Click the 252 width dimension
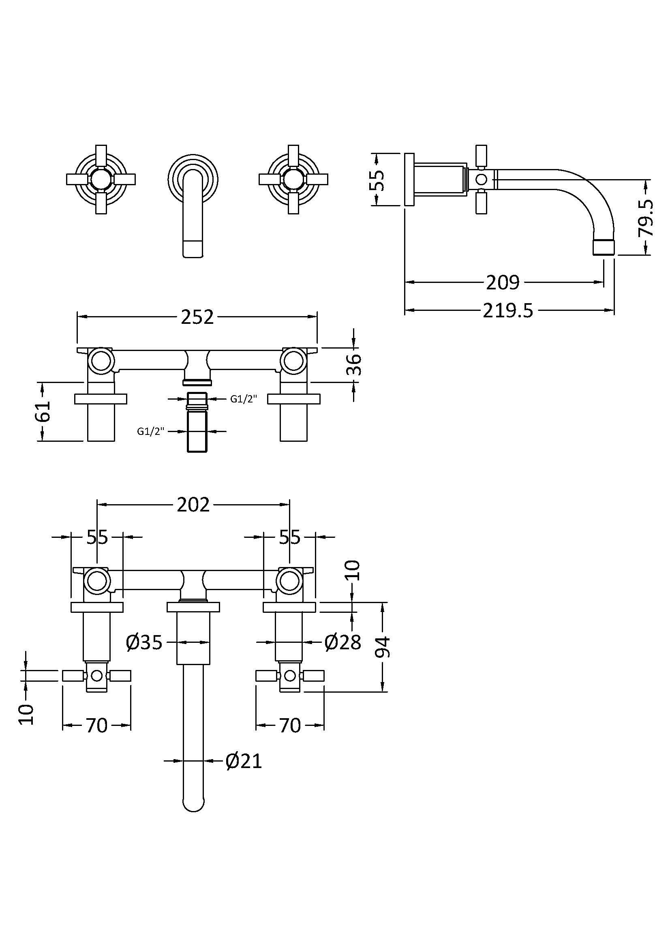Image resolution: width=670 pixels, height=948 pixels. [x=197, y=317]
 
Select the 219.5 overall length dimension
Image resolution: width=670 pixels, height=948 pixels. [x=508, y=310]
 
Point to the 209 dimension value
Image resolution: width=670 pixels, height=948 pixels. [x=503, y=283]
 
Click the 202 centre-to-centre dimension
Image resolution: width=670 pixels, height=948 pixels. [x=193, y=505]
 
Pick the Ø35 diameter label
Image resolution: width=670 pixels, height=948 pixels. [x=144, y=642]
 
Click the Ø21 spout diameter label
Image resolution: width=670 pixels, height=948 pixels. [x=244, y=761]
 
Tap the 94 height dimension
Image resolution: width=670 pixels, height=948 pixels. [x=382, y=647]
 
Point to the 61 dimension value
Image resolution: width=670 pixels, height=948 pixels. [x=43, y=411]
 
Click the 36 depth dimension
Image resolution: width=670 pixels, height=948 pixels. [x=355, y=364]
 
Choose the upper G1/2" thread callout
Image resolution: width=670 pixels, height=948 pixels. [x=244, y=399]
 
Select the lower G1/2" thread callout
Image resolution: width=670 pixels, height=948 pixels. [x=151, y=432]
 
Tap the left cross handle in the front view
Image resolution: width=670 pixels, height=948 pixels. [x=101, y=180]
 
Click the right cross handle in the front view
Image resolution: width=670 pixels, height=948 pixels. [x=293, y=180]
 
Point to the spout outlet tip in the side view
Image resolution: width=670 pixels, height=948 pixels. [x=604, y=248]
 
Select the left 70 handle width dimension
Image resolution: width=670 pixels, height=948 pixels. [x=96, y=725]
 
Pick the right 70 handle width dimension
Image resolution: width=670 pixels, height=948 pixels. [x=290, y=725]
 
